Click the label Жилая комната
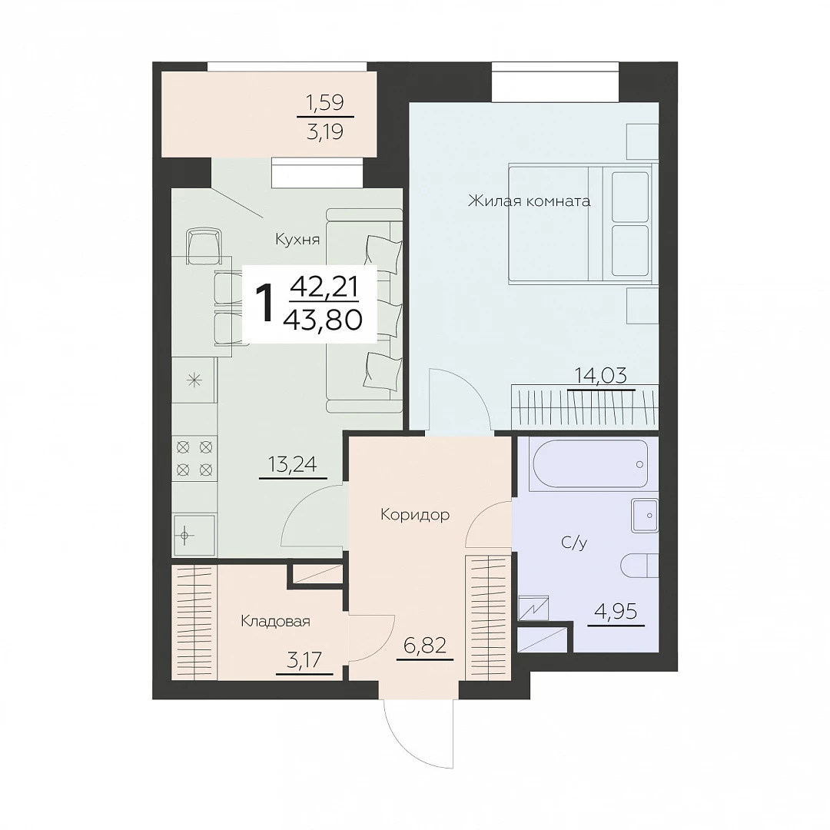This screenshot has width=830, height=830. coord(529,201)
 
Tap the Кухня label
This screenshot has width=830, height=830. coord(297,240)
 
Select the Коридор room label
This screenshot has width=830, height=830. coord(415,514)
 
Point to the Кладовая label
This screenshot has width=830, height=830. coord(275,621)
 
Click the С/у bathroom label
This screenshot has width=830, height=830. coord(574,543)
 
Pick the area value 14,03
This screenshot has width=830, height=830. coord(601,376)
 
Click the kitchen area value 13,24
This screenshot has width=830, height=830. coord(293,464)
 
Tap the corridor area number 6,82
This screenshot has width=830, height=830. coord(425,646)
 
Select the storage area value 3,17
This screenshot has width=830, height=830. coord(305,661)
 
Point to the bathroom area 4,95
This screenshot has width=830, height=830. coord(616,612)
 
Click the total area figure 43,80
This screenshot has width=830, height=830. coord(323,319)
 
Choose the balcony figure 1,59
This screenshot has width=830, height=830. coord(326,102)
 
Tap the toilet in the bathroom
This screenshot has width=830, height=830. coord(639,566)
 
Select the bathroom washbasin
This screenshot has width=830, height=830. coord(645,514)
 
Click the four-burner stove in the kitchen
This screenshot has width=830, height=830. coord(194,458)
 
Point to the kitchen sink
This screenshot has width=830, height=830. coord(194,535)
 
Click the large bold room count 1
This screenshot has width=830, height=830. coord(264,303)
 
